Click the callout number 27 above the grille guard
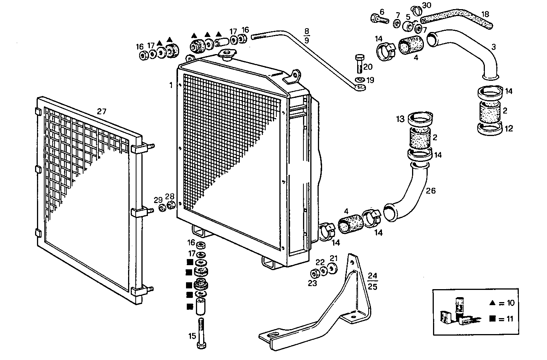coord(101,112)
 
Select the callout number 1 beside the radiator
coord(171,85)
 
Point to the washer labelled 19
coord(359,80)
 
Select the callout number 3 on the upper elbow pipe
coord(493,47)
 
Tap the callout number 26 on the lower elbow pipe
coord(430,190)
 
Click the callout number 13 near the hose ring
coord(400,119)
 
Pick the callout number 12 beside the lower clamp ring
coord(509,128)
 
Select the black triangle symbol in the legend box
coord(492,303)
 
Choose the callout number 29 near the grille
coord(158,200)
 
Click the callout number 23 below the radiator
coord(312,283)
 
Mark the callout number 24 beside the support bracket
coord(372,275)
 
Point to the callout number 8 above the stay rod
coord(306,30)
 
